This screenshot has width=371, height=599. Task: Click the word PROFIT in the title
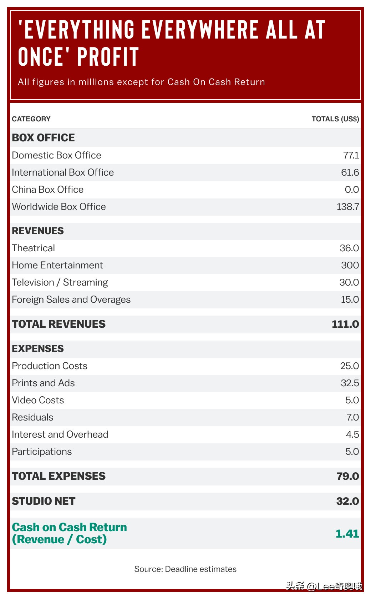(108, 57)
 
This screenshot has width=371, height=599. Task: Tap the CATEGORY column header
(31, 119)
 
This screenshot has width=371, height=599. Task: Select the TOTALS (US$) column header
(335, 119)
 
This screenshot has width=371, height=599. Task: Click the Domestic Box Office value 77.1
(351, 155)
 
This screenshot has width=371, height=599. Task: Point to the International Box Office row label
(63, 172)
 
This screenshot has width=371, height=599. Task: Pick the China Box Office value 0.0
(352, 190)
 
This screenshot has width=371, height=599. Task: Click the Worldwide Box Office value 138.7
(348, 207)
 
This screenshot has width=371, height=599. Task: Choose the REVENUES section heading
(38, 231)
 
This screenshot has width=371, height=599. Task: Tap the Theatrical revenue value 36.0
(349, 248)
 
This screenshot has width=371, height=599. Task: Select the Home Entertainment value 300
(350, 265)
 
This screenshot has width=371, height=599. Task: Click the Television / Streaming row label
(60, 282)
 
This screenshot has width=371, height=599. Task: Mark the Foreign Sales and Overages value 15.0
(350, 299)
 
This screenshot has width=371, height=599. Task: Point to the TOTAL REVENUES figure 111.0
(345, 324)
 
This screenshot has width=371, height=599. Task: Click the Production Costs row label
(50, 366)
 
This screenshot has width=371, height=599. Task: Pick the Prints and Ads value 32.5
(350, 383)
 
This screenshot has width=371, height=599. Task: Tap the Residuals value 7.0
(352, 417)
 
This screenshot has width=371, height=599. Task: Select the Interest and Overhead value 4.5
(352, 434)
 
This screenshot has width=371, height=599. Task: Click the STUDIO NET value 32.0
(347, 501)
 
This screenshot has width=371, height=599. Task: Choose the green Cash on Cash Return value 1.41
(347, 534)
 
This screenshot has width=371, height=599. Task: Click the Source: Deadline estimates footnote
(185, 569)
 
